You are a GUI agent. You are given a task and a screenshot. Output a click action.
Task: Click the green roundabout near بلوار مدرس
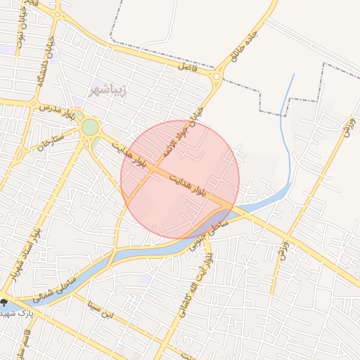click(x=90, y=127)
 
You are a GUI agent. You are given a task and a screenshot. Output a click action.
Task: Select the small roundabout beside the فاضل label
click(x=217, y=77)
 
